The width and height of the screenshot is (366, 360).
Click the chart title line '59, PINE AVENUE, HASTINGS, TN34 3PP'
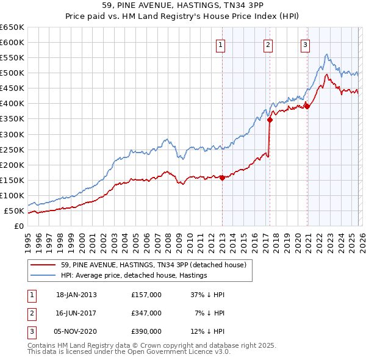pos(183,5)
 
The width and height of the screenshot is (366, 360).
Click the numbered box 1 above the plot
pos(220,44)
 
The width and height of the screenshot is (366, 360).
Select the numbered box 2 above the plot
pos(268,44)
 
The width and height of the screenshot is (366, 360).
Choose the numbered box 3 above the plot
pos(305,44)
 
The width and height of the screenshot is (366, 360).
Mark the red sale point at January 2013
pos(222,178)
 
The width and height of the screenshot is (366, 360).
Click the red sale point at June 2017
pos(270,120)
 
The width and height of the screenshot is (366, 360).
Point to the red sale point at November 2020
pos(307,106)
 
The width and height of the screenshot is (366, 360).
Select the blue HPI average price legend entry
pos(134,276)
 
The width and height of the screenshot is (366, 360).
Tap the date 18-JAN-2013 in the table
pos(76,295)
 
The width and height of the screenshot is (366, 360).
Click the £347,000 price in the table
pos(146,313)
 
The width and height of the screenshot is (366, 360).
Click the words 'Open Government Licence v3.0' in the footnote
pos(183,352)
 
